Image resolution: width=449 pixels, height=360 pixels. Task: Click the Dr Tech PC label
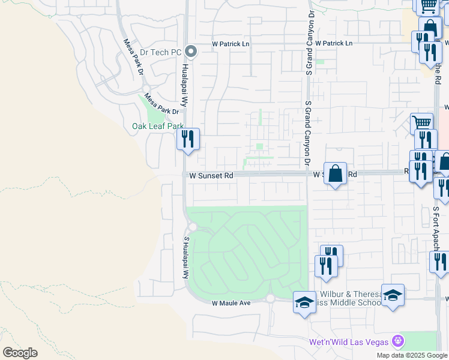pyautogui.click(x=159, y=52)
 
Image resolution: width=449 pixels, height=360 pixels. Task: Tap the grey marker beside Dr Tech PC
pyautogui.click(x=191, y=52)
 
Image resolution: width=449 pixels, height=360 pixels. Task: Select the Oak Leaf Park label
pyautogui.click(x=158, y=126)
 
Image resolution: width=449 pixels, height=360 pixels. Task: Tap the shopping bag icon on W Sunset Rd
pyautogui.click(x=336, y=173)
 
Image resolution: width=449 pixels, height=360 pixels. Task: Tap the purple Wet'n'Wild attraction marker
pyautogui.click(x=397, y=341)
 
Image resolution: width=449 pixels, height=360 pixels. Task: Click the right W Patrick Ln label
pyautogui.click(x=333, y=44)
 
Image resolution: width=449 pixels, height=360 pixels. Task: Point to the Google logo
pyautogui.click(x=20, y=352)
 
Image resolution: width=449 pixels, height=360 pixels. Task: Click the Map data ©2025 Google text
pyautogui.click(x=412, y=355)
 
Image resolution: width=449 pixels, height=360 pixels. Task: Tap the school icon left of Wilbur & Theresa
pyautogui.click(x=304, y=302)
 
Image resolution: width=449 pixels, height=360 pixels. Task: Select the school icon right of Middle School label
pyautogui.click(x=393, y=296)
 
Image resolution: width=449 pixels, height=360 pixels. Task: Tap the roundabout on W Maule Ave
pyautogui.click(x=270, y=298)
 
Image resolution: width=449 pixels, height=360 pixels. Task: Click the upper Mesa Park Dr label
pyautogui.click(x=133, y=58)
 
